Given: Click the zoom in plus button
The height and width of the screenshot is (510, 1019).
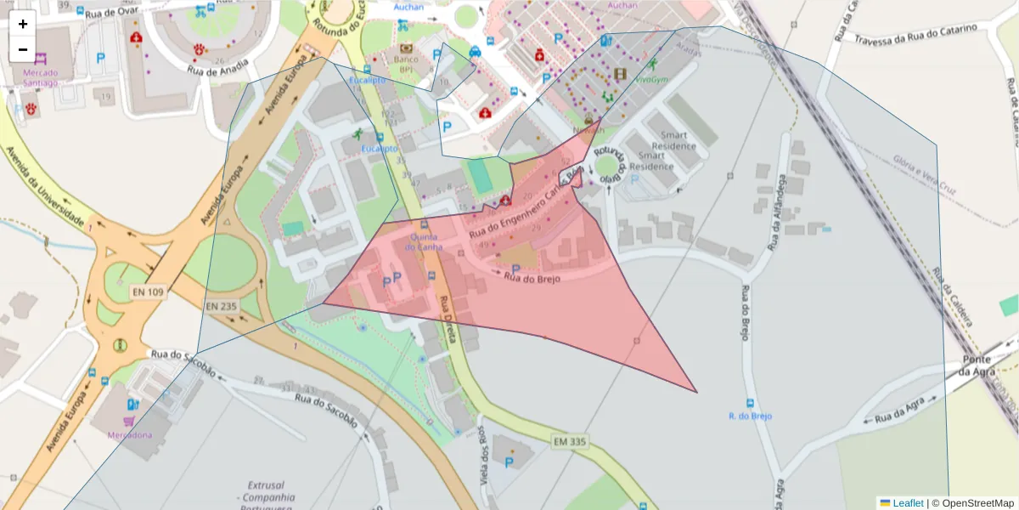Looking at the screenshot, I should [x=23, y=24].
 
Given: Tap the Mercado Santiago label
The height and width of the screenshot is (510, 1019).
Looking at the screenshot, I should [x=35, y=78].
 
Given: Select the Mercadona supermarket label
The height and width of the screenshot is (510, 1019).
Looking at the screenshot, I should [x=129, y=434].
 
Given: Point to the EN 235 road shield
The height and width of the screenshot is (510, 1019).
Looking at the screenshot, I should [x=222, y=306].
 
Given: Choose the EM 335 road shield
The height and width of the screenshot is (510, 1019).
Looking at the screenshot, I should [x=571, y=441].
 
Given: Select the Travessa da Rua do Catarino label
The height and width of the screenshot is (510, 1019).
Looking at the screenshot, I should [x=915, y=34].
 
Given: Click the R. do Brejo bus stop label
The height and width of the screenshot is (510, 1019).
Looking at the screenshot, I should [x=750, y=416].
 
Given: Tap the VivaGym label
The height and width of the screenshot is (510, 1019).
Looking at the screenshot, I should [x=651, y=79].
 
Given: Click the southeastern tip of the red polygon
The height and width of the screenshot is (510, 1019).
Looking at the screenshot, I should [x=696, y=392].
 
